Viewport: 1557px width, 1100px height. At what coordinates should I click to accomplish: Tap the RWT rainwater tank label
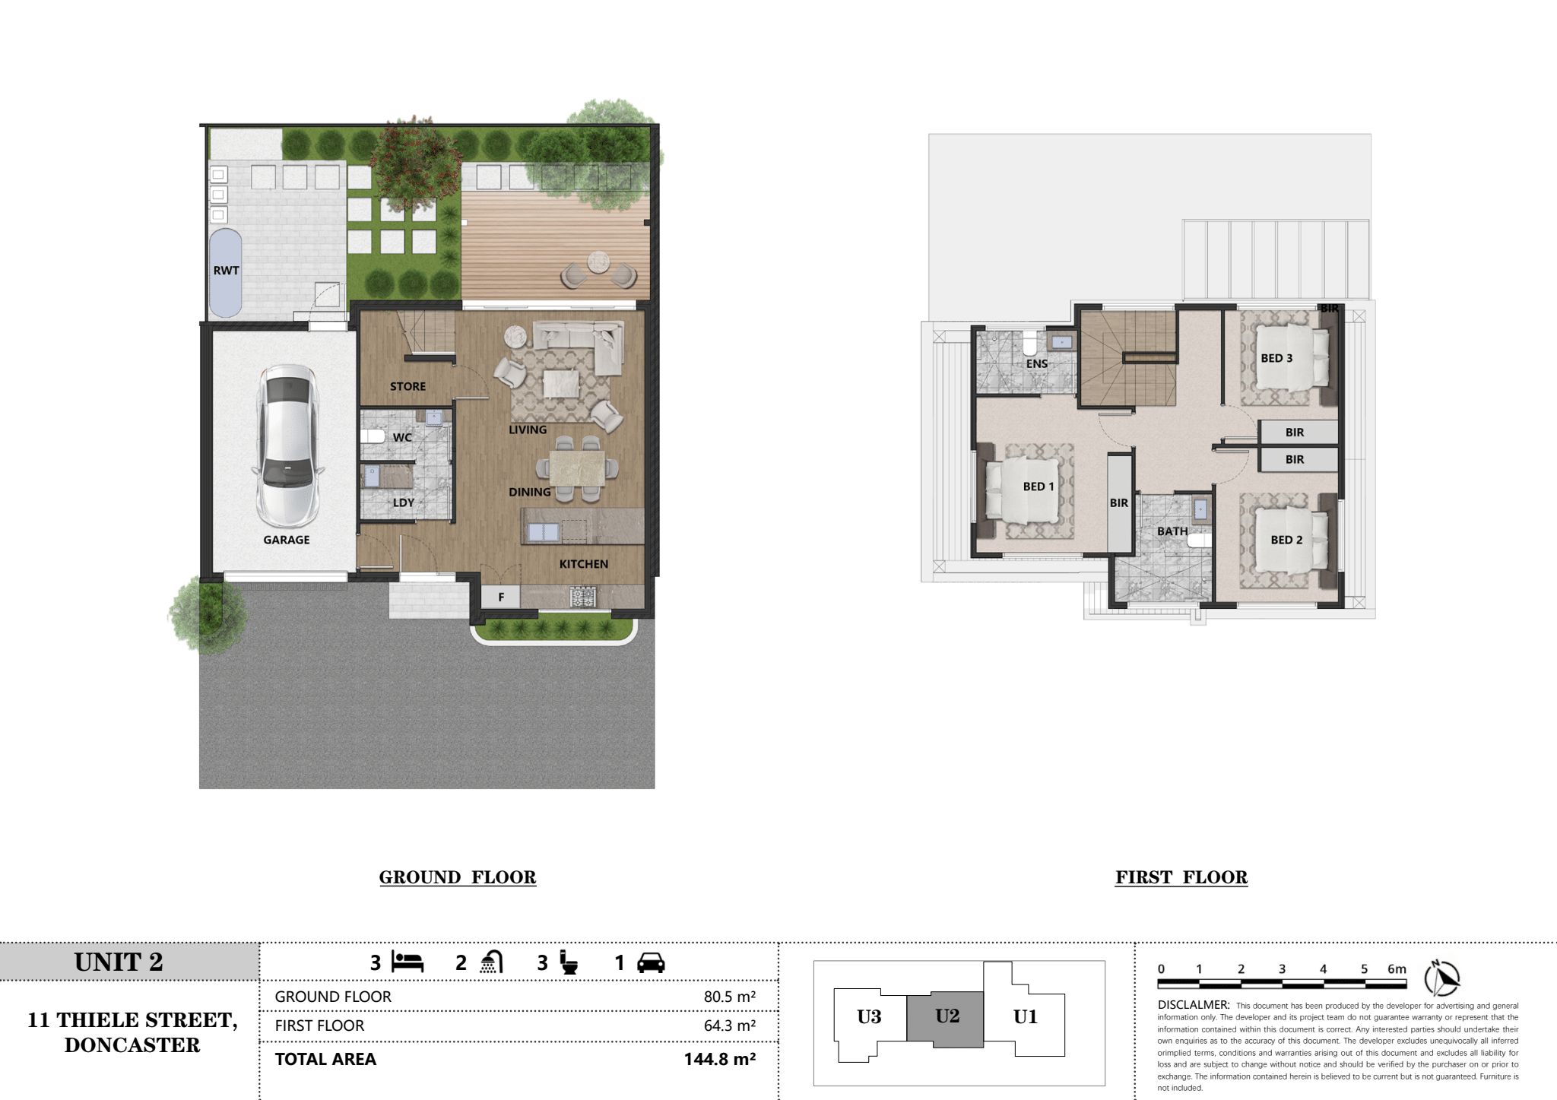click(x=226, y=270)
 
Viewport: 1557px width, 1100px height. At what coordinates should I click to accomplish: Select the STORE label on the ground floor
click(x=407, y=386)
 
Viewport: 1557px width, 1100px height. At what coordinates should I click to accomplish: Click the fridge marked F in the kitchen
click(x=501, y=597)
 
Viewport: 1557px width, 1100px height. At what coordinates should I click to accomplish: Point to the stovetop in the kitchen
click(x=583, y=597)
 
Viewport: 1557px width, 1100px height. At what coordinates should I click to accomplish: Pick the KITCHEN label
click(x=584, y=564)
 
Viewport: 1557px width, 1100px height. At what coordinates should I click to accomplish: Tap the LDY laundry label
click(x=404, y=502)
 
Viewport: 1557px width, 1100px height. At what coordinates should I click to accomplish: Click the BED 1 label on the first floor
click(x=1039, y=487)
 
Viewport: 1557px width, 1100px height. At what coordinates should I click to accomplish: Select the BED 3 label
click(x=1276, y=358)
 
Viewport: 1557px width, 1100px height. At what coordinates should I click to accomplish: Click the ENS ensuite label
click(x=1037, y=364)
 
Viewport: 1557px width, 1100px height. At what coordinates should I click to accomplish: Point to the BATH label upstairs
click(x=1172, y=531)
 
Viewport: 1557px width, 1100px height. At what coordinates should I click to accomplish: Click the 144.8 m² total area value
click(x=719, y=1059)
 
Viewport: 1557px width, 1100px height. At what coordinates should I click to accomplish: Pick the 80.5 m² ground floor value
click(x=729, y=997)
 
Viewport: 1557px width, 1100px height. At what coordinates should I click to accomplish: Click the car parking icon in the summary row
click(x=651, y=963)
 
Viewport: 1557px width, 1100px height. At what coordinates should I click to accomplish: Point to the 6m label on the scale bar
click(x=1397, y=968)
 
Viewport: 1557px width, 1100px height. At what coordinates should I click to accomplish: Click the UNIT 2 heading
click(x=119, y=962)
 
